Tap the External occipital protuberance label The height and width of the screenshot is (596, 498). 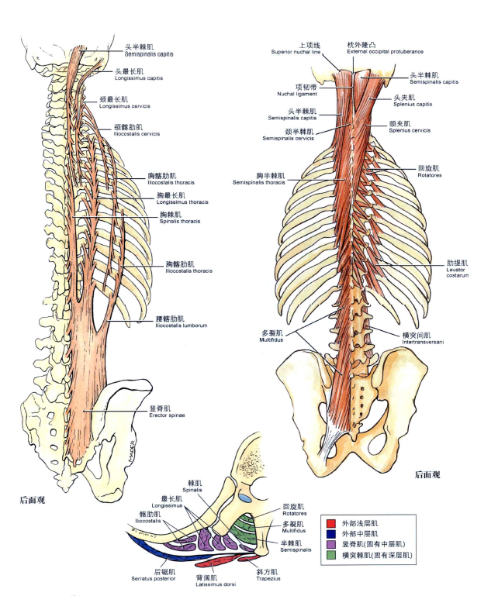coord(385,52)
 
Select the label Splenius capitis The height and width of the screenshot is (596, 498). coord(411,104)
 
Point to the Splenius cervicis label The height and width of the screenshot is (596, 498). coord(410,130)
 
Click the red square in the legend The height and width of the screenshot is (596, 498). coord(331,524)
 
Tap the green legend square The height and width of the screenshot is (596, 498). coord(331,555)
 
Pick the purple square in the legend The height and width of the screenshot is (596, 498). coord(331,545)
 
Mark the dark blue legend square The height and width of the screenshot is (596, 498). coord(331,534)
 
